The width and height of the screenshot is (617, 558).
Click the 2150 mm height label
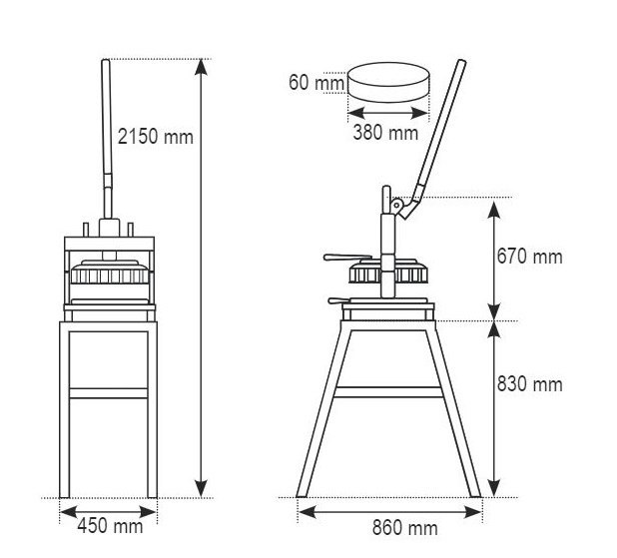click(156, 137)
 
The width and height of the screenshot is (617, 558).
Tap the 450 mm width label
click(110, 526)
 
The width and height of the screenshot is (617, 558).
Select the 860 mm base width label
click(405, 528)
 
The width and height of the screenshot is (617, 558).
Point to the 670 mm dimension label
click(530, 257)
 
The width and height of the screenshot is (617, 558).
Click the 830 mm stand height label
click(530, 384)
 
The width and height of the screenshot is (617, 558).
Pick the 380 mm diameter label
click(385, 132)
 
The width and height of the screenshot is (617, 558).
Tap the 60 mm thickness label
click(316, 83)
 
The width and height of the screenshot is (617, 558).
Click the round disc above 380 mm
click(388, 82)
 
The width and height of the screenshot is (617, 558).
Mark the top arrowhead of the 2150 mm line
click(201, 66)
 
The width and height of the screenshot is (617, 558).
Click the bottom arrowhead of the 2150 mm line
click(201, 489)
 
